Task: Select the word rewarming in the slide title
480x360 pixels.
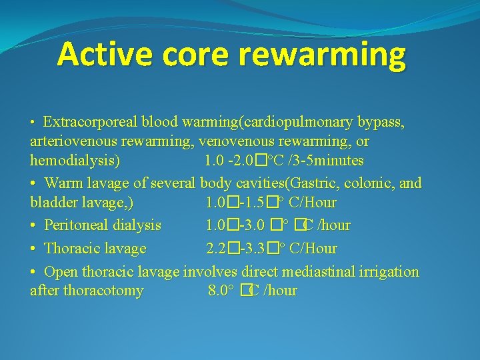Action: (321, 55)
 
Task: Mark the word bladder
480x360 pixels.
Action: (53, 202)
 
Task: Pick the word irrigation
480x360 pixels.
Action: (388, 271)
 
